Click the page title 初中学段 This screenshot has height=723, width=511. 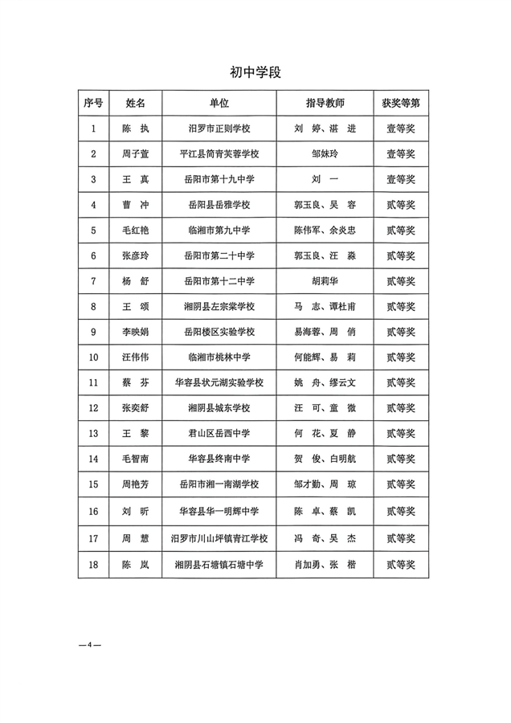pyautogui.click(x=255, y=72)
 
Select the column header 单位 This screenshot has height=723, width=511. pyautogui.click(x=219, y=104)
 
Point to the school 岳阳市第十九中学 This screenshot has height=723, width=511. pyautogui.click(x=219, y=179)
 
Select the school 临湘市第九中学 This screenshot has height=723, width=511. pyautogui.click(x=219, y=230)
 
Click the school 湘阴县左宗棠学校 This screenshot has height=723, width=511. pyautogui.click(x=219, y=306)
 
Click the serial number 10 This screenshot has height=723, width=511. pyautogui.click(x=94, y=357)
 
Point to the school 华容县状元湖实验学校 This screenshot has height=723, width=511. pyautogui.click(x=219, y=382)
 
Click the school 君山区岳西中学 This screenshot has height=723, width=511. pyautogui.click(x=219, y=434)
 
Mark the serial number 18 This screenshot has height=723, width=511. pyautogui.click(x=94, y=565)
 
